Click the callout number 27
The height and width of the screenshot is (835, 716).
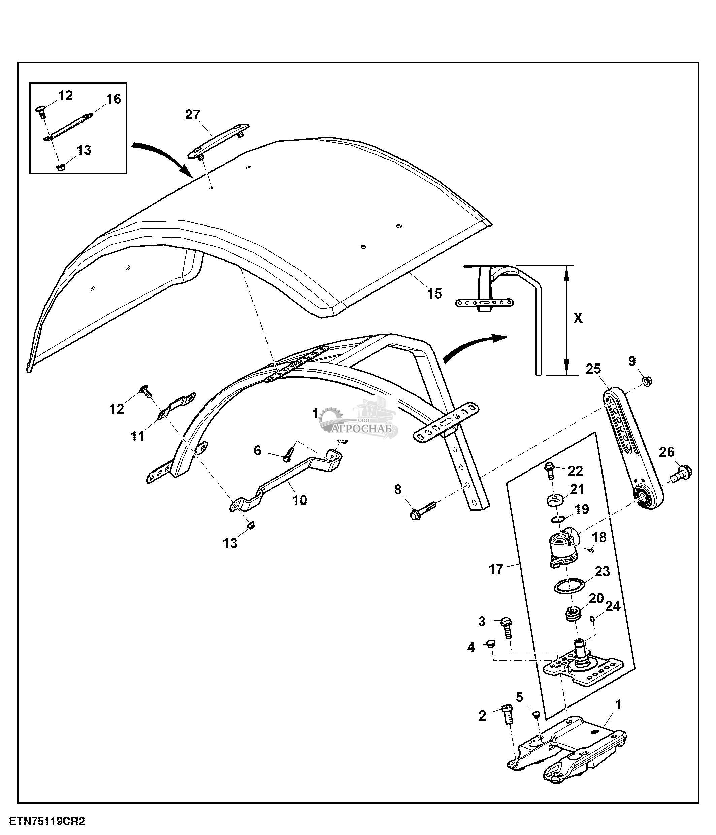(x=193, y=115)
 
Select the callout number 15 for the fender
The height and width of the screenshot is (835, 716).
(x=434, y=293)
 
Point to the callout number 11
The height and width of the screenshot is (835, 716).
(x=138, y=436)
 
